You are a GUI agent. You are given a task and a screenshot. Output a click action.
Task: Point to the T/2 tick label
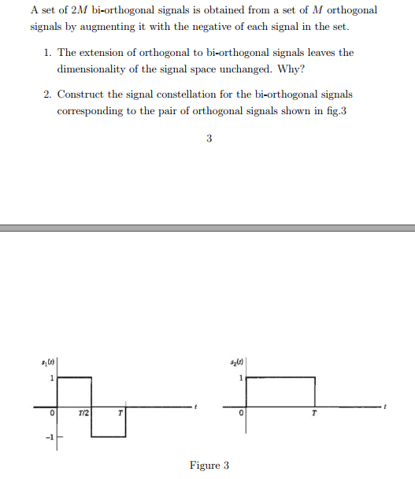83,413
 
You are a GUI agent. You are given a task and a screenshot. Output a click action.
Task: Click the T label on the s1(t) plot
120,413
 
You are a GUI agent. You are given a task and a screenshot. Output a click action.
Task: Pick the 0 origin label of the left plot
51,413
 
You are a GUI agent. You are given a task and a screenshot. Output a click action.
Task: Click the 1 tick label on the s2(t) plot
241,379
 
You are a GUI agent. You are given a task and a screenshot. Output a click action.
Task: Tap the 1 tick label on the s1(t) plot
52,379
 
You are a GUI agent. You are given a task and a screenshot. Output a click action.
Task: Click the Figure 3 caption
209,466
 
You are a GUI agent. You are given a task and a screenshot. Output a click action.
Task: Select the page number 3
209,139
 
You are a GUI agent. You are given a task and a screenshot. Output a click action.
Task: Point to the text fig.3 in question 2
335,110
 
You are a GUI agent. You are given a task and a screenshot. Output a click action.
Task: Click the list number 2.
47,95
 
